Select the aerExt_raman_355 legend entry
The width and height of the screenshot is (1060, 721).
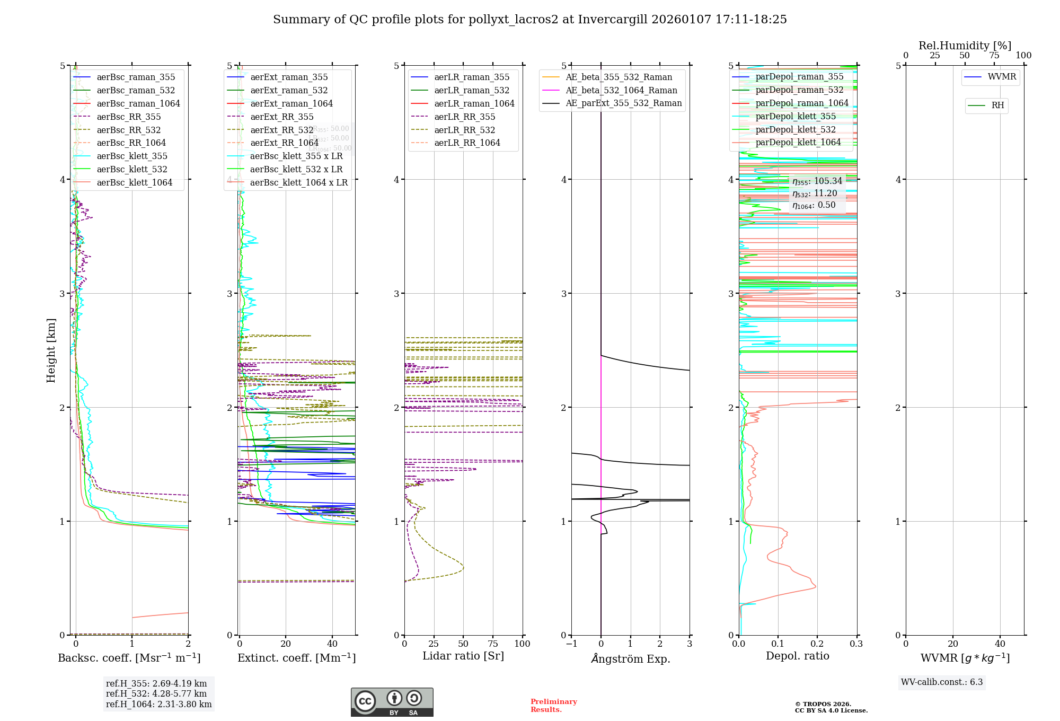[289, 77]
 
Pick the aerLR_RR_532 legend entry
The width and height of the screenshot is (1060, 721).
[464, 130]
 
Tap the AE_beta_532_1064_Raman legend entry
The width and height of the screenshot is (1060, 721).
[621, 90]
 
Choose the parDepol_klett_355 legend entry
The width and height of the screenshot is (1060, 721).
[796, 116]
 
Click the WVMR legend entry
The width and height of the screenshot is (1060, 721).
[1002, 77]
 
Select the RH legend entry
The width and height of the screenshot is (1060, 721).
[997, 105]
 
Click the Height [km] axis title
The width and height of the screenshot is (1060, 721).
[51, 350]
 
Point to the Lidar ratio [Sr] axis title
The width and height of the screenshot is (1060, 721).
[463, 656]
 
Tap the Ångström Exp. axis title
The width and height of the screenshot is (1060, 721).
[630, 658]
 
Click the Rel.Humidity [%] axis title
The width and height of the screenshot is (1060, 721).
[965, 46]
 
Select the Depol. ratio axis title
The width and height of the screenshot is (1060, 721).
[797, 656]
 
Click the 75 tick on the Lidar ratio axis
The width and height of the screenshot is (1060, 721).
[493, 644]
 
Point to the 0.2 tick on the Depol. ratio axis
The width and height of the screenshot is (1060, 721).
[817, 644]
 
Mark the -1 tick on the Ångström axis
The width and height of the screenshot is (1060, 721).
[571, 644]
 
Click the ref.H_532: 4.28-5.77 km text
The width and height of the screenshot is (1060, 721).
[156, 693]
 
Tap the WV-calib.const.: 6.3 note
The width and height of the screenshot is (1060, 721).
[941, 682]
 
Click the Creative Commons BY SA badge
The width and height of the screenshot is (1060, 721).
[392, 702]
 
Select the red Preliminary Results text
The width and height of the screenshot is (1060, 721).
[553, 705]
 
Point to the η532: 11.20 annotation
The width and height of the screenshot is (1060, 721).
[815, 194]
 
